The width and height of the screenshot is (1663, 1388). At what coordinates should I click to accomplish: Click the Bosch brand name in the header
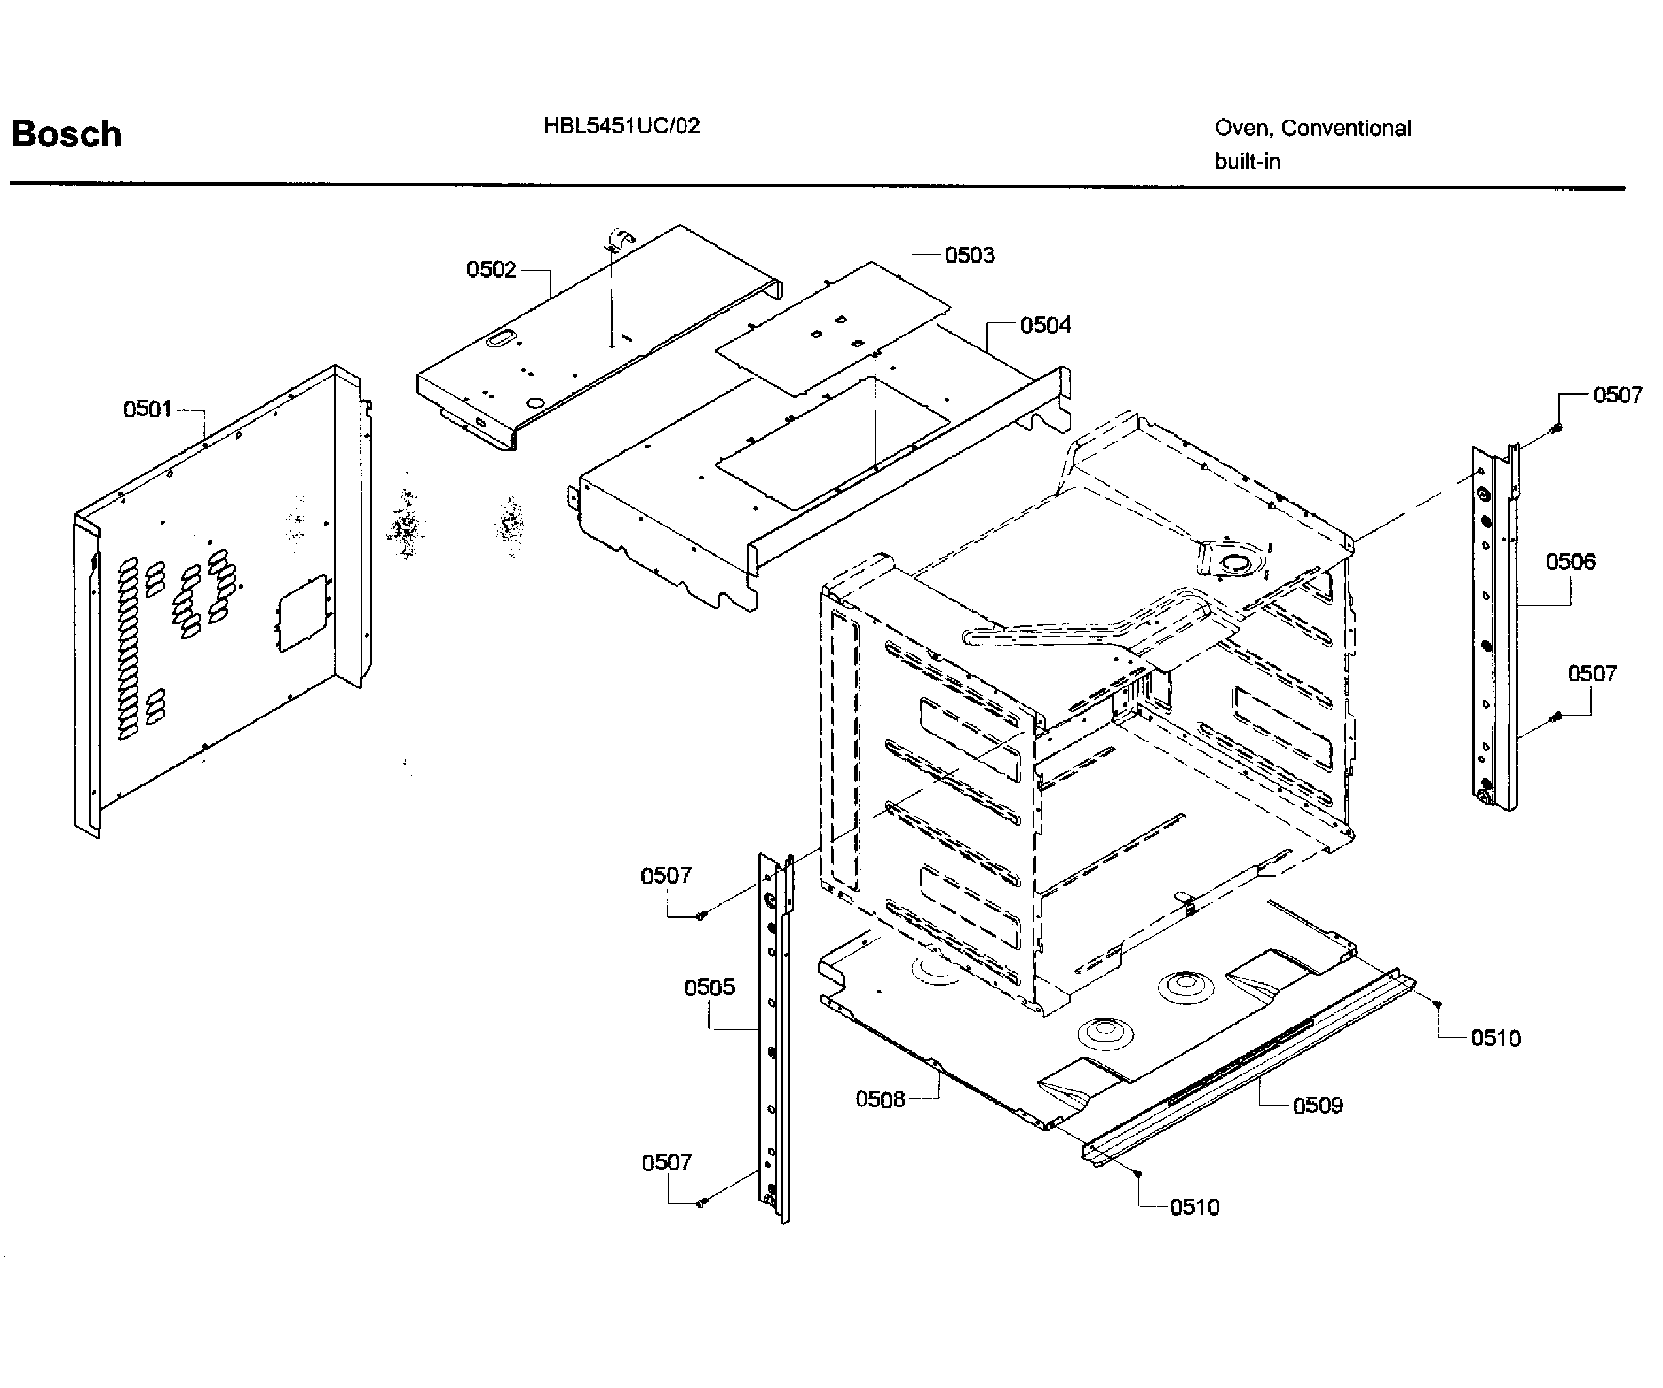(x=67, y=135)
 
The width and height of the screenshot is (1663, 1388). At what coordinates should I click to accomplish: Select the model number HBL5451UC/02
(x=621, y=126)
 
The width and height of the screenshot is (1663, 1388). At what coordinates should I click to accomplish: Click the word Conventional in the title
(x=1346, y=128)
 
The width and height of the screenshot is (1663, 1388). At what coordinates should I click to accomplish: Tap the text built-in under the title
(x=1248, y=161)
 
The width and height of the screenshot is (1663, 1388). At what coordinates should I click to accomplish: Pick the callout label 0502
(x=491, y=269)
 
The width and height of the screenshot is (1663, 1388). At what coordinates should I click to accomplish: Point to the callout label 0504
(x=1044, y=325)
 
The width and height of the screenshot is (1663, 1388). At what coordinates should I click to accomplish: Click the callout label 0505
(x=709, y=988)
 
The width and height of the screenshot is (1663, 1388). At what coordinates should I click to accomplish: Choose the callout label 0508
(x=880, y=1099)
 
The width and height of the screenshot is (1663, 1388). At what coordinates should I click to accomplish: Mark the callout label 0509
(x=1317, y=1105)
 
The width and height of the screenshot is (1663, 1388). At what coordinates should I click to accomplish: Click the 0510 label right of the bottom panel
(x=1495, y=1038)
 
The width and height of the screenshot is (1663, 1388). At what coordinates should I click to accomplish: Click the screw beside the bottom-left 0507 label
(x=700, y=1202)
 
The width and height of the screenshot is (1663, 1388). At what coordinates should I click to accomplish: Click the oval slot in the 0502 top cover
(x=499, y=340)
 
